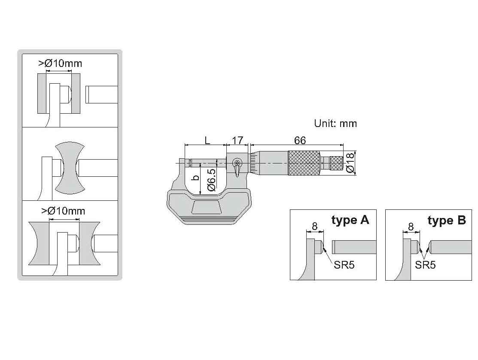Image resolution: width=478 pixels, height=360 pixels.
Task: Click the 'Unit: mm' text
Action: click(x=335, y=123)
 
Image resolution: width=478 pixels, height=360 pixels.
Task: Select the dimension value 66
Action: click(x=300, y=140)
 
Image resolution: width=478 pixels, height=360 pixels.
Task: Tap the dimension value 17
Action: click(x=237, y=140)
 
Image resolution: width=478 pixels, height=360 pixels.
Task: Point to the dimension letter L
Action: click(x=207, y=140)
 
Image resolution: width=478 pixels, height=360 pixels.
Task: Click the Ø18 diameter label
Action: click(x=350, y=163)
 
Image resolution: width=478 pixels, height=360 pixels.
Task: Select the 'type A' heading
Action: click(x=350, y=220)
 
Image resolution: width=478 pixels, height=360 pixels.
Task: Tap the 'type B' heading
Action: click(x=447, y=220)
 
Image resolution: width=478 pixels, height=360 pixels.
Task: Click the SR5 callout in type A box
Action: click(x=344, y=265)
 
